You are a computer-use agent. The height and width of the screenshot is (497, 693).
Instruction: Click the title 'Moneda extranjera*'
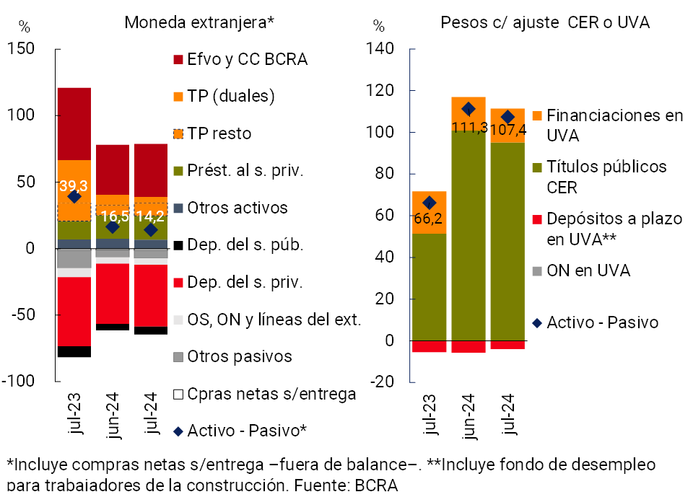(x=199, y=22)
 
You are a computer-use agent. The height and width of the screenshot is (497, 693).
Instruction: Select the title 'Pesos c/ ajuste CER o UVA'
(x=545, y=22)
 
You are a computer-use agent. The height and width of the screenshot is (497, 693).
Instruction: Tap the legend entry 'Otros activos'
(x=237, y=208)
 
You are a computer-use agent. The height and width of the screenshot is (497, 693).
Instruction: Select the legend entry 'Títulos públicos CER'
(x=606, y=175)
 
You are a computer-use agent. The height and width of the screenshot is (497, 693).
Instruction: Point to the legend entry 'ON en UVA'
(x=588, y=271)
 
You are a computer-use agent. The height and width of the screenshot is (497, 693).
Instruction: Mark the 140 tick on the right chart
(x=379, y=49)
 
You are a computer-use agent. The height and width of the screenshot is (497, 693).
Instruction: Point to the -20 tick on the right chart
(x=382, y=382)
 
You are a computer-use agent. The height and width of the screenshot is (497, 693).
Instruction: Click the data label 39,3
(x=74, y=185)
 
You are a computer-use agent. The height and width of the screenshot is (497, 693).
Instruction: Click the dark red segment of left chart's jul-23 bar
(x=74, y=123)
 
